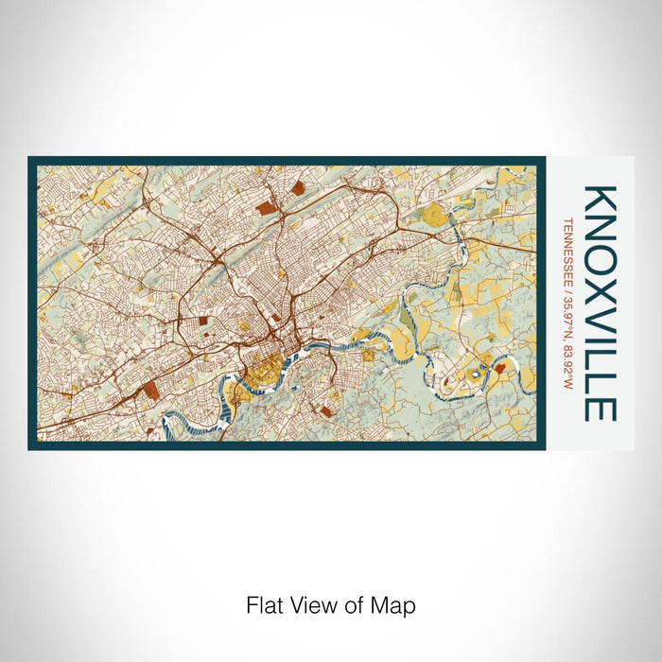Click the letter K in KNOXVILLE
pyautogui.click(x=601, y=200)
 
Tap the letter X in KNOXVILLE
pyautogui.click(x=601, y=282)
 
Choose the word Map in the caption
pyautogui.click(x=396, y=604)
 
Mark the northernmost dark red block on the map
pyautogui.click(x=299, y=188)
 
